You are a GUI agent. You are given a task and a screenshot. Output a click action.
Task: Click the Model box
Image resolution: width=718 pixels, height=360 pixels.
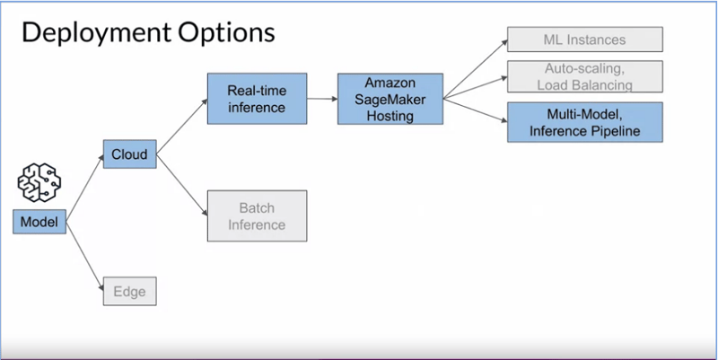coord(39,222)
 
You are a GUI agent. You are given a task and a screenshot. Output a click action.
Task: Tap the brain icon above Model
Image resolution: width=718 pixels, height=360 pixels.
coord(39,182)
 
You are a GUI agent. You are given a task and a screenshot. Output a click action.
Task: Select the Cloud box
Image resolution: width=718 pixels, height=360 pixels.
coord(129,154)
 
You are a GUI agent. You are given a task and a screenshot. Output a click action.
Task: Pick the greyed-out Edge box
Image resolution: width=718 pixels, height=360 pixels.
coord(129,291)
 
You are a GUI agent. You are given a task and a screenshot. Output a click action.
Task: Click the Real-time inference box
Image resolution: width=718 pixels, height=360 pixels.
coord(257,99)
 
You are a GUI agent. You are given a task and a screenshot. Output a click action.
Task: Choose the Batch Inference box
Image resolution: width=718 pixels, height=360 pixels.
coord(257,215)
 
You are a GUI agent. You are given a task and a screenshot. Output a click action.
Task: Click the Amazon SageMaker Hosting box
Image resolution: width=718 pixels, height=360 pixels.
coord(390,99)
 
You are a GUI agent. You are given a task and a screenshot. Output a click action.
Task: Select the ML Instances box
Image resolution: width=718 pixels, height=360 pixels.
coord(585,40)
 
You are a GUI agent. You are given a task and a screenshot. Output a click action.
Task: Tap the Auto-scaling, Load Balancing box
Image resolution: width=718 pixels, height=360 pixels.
coord(585,76)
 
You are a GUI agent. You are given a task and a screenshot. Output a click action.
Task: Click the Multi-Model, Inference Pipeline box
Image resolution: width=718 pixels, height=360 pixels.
coord(585,122)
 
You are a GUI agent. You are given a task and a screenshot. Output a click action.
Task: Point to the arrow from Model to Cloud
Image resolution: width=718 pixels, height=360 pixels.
coord(85,189)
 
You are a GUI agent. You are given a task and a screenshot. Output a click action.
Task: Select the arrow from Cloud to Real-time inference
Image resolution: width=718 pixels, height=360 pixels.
coord(182,127)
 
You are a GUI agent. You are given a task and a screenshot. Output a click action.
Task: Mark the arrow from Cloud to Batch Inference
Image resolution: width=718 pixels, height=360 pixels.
coord(182,185)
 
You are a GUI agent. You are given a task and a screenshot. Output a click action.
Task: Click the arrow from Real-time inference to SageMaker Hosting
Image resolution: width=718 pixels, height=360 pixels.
coord(322,99)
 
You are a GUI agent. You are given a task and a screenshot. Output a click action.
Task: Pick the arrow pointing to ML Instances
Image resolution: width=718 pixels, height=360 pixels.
coord(476,69)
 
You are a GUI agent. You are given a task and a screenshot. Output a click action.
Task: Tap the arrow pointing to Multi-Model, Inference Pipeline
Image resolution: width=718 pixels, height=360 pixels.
coord(476,110)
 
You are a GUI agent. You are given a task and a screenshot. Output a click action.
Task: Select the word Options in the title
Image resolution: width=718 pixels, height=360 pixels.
coord(227,33)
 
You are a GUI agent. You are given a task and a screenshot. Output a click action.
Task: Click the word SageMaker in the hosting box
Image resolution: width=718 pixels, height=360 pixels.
coord(390,100)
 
